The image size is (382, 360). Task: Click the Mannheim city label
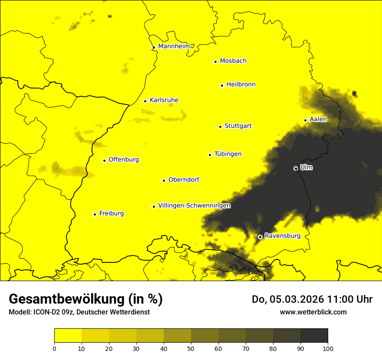pos(174,46)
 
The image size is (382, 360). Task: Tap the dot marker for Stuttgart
pos(220,127)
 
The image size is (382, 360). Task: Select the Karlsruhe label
pos(164,100)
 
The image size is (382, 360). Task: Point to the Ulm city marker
pos(296,168)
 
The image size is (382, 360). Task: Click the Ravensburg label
pos(282,236)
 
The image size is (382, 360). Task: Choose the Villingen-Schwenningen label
pos(194,206)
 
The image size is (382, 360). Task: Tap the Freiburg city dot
pos(95,214)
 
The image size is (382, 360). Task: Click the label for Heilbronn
pos(241,85)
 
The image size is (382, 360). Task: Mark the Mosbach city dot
pos(215,62)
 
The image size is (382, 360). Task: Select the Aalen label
pos(318,119)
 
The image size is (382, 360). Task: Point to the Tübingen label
pos(228,154)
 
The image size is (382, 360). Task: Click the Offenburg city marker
pos(104,160)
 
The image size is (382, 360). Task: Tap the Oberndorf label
pos(184,180)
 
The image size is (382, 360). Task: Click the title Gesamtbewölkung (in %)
pos(86,299)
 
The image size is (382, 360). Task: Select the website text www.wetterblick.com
pos(313,312)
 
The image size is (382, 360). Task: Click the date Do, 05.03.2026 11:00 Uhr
pos(312,299)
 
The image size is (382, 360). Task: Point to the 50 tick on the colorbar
pos(191,348)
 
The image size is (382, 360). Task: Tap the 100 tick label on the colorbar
pos(328,348)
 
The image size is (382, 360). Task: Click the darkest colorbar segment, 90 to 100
pos(314,335)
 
